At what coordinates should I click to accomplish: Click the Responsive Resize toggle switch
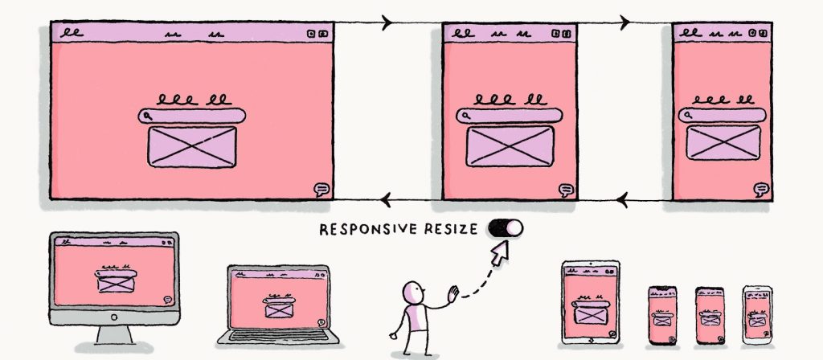pyautogui.click(x=505, y=228)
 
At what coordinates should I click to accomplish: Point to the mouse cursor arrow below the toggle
pyautogui.click(x=501, y=255)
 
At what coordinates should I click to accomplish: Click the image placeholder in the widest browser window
pyautogui.click(x=192, y=148)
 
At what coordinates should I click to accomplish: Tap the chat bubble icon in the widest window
pyautogui.click(x=321, y=190)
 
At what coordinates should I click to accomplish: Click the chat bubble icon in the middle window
pyautogui.click(x=567, y=190)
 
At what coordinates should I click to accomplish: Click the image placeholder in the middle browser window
pyautogui.click(x=510, y=146)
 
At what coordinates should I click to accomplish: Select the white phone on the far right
pyautogui.click(x=755, y=315)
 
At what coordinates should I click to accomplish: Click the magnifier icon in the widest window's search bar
pyautogui.click(x=149, y=117)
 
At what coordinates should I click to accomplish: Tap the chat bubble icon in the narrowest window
pyautogui.click(x=760, y=190)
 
